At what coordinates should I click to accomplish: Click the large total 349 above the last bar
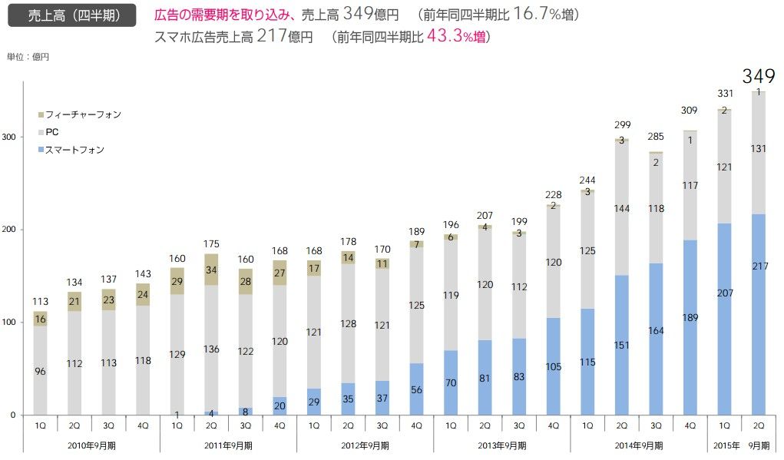[759, 76]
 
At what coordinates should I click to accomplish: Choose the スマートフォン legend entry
[74, 150]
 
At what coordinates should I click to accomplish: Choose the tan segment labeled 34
[211, 270]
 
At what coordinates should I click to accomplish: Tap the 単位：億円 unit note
[28, 57]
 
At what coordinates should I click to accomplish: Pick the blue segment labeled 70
[451, 382]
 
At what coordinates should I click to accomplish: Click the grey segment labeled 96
[40, 371]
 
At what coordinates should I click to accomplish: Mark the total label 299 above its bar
[621, 124]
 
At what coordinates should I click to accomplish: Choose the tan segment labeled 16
[40, 319]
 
